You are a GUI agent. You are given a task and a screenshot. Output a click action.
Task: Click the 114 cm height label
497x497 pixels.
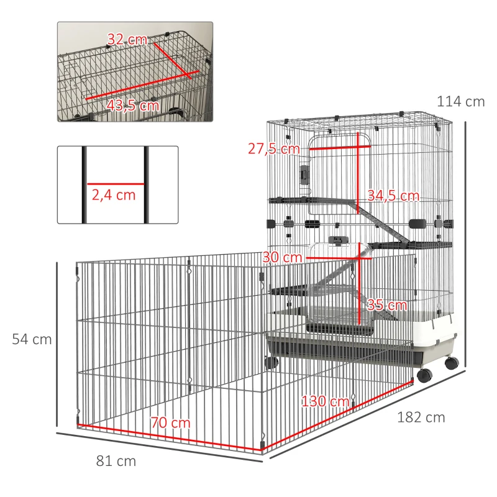pyautogui.click(x=460, y=101)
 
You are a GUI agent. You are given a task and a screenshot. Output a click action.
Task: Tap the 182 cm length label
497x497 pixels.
pyautogui.click(x=421, y=417)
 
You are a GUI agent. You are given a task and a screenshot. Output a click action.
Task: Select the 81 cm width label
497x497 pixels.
pyautogui.click(x=116, y=461)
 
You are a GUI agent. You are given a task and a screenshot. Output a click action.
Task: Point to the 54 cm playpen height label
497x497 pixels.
pyautogui.click(x=32, y=339)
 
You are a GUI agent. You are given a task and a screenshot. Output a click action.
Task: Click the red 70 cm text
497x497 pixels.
pyautogui.click(x=170, y=423)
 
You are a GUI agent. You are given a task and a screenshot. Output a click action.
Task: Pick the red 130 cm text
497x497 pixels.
pyautogui.click(x=325, y=401)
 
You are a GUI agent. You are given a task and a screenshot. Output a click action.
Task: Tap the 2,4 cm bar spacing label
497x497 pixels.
pyautogui.click(x=114, y=194)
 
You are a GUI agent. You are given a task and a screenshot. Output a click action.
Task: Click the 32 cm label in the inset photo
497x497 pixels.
pyautogui.click(x=127, y=40)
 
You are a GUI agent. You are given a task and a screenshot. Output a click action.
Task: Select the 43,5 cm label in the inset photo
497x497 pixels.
pyautogui.click(x=132, y=105)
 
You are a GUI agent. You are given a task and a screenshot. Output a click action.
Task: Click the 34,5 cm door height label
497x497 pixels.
pyautogui.click(x=393, y=196)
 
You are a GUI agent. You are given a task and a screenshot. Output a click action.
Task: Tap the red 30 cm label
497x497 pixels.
pyautogui.click(x=278, y=257)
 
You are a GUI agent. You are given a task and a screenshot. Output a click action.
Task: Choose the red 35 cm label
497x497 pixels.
pyautogui.click(x=386, y=305)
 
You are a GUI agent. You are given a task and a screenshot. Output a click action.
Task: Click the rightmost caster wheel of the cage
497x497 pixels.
pyautogui.click(x=452, y=363)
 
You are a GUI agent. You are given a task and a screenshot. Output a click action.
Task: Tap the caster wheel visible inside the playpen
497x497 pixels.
pyautogui.click(x=270, y=363)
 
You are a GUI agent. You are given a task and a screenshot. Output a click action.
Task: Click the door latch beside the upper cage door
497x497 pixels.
pyautogui.click(x=304, y=175)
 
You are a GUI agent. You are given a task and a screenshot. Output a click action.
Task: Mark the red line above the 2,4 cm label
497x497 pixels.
pyautogui.click(x=116, y=184)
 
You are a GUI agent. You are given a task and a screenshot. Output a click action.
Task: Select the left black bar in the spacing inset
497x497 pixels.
pyautogui.click(x=83, y=185)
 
